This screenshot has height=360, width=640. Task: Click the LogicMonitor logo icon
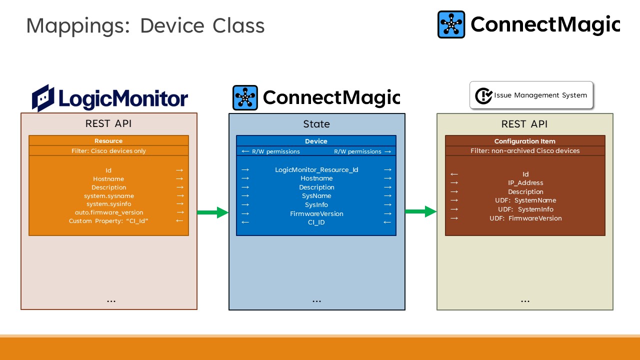43,98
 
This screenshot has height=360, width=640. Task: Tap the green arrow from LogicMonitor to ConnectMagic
212,213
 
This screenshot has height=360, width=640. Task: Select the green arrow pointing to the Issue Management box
420,212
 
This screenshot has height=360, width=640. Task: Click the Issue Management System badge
531,95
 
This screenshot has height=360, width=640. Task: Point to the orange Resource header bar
108,141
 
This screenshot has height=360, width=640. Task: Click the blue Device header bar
316,141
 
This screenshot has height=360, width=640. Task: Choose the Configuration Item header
524,141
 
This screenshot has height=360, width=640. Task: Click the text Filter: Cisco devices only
108,150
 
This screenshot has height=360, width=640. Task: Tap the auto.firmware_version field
109,212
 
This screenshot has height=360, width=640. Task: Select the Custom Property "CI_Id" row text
109,221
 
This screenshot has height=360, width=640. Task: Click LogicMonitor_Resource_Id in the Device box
316,170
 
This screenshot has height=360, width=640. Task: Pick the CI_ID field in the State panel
316,222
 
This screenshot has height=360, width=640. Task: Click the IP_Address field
525,183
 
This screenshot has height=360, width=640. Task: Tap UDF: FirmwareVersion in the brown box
525,218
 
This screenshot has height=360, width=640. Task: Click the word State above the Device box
316,124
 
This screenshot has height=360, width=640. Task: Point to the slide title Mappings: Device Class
145,25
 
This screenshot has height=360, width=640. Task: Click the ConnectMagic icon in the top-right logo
451,24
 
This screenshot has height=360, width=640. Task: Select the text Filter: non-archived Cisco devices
524,150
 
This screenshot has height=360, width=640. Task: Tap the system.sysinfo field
109,204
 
